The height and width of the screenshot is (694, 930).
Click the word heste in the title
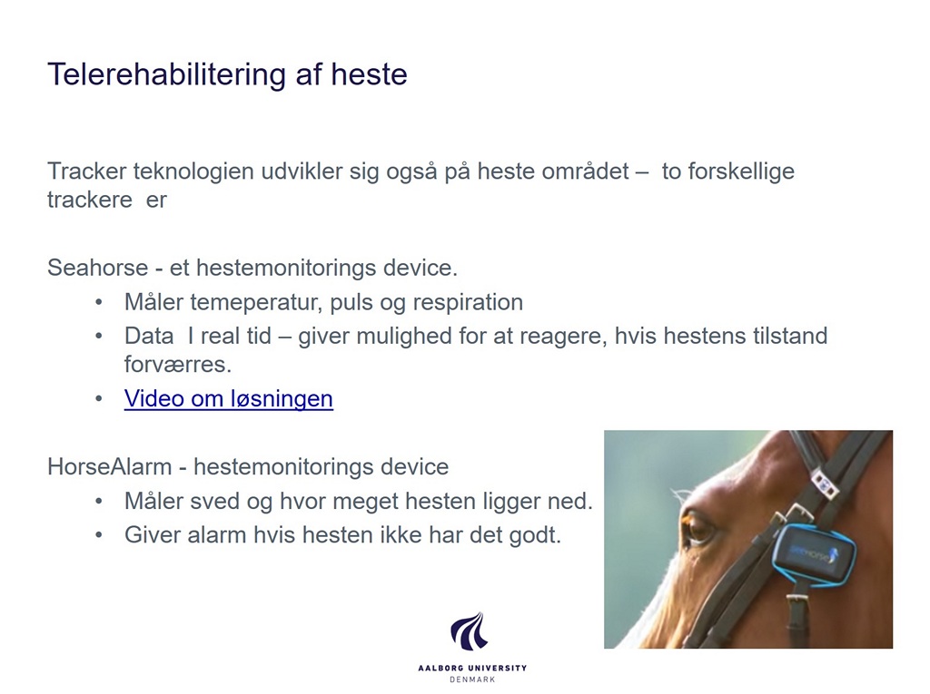click(x=369, y=74)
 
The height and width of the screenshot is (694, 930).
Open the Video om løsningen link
click(x=228, y=398)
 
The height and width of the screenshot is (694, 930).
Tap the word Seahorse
click(x=98, y=268)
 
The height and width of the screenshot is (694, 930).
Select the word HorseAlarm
click(x=110, y=467)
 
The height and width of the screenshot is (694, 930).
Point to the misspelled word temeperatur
click(x=256, y=303)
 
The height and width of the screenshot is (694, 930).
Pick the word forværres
click(x=178, y=365)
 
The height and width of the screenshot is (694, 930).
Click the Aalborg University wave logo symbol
click(x=470, y=631)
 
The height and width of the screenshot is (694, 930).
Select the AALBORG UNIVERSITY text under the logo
click(x=472, y=668)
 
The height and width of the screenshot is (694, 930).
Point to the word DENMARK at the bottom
click(x=472, y=679)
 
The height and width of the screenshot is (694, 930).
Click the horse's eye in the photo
click(x=697, y=526)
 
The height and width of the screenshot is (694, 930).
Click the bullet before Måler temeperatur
click(x=98, y=303)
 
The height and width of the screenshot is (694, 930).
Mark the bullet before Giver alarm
click(x=98, y=535)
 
